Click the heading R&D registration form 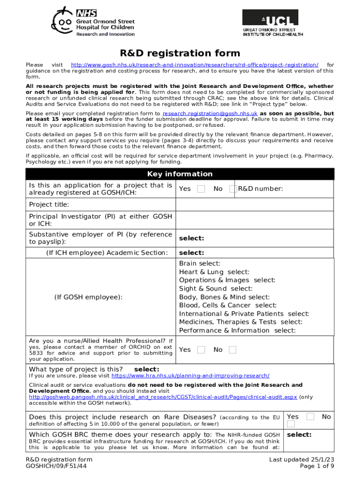[180, 53]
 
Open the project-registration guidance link [194, 65]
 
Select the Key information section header [180, 174]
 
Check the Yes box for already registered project [201, 189]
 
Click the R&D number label [260, 189]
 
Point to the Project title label [49, 204]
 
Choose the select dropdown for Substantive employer [191, 238]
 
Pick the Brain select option [200, 264]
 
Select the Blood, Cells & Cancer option [228, 305]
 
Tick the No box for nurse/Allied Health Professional [232, 350]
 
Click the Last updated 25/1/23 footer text [301, 460]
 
